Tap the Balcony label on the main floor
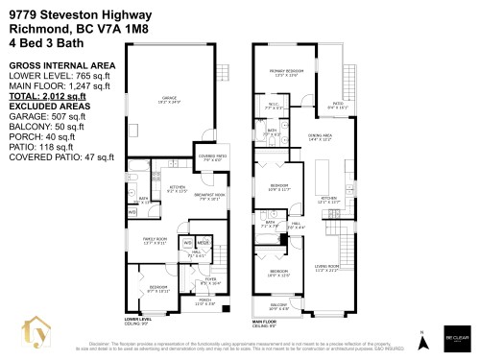(278, 307)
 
